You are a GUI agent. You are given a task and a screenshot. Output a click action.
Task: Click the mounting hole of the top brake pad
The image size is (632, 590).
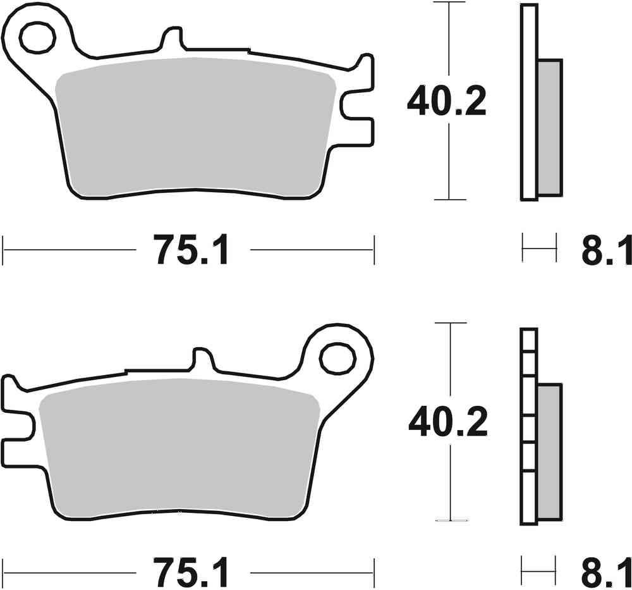click(x=37, y=37)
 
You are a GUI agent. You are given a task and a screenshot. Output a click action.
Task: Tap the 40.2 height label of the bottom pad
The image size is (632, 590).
click(x=447, y=423)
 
